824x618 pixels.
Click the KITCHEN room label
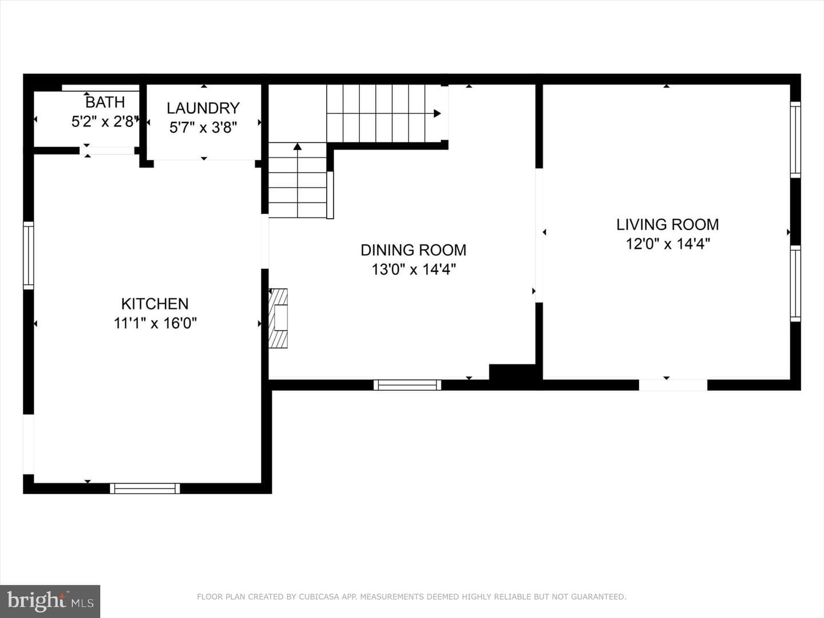(154, 304)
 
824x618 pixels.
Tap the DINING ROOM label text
(413, 250)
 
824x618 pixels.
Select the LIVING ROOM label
(667, 225)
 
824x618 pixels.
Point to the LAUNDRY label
(203, 109)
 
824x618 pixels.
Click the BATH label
(105, 102)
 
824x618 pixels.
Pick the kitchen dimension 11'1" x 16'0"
(155, 323)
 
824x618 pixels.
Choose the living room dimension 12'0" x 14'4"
(668, 244)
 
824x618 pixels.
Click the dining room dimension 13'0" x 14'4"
(414, 270)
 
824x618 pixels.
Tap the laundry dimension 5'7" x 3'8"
(203, 128)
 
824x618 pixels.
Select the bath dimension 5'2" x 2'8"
(105, 121)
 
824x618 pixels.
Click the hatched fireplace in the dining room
(278, 318)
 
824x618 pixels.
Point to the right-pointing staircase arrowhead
(437, 113)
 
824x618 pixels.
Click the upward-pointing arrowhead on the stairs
(298, 146)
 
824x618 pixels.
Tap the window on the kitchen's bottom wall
(145, 488)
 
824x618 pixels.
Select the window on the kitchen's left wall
(29, 256)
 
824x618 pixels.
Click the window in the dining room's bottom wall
(407, 385)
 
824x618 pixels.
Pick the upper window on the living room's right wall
(795, 140)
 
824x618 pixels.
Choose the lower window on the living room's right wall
(795, 284)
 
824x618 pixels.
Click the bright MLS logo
(50, 601)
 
